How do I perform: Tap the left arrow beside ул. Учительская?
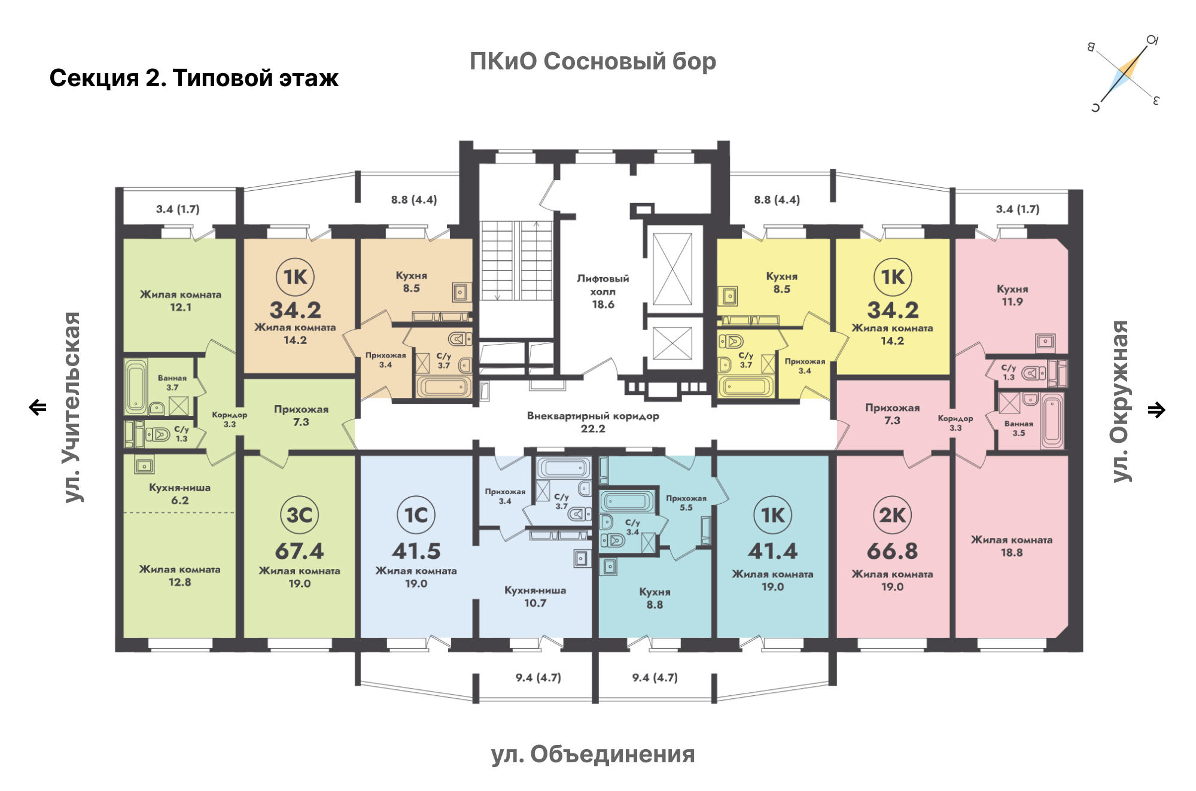[x=38, y=407]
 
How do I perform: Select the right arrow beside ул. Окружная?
[x=1157, y=410]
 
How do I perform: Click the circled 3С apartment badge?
[x=299, y=515]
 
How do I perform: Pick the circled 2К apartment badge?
[x=892, y=515]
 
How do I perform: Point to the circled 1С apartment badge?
[x=416, y=515]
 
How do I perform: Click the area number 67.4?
[x=299, y=551]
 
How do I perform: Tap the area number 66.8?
[x=892, y=551]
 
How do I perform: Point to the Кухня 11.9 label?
[x=1012, y=296]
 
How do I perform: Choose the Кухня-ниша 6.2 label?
[x=179, y=494]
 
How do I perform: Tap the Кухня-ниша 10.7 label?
[x=535, y=597]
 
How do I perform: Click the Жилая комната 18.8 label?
[x=1012, y=546]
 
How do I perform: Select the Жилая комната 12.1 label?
[x=181, y=301]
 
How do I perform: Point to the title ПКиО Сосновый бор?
[x=593, y=62]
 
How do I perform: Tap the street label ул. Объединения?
[x=593, y=755]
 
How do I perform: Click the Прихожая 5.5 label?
[x=686, y=503]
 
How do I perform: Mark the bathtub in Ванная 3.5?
[x=1052, y=420]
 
